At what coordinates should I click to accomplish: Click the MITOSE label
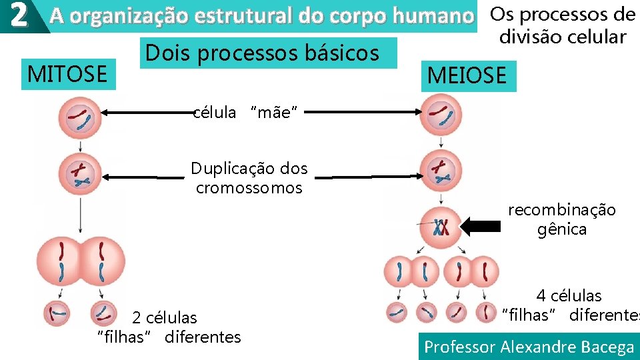pyautogui.click(x=67, y=73)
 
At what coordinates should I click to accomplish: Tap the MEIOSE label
pyautogui.click(x=467, y=75)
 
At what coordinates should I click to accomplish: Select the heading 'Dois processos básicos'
pyautogui.click(x=261, y=53)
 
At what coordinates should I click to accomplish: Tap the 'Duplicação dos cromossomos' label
pyautogui.click(x=249, y=177)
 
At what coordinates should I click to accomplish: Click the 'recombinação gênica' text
pyautogui.click(x=562, y=219)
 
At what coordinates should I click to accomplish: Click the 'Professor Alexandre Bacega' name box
pyautogui.click(x=529, y=347)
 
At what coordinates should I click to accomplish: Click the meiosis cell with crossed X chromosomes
pyautogui.click(x=440, y=227)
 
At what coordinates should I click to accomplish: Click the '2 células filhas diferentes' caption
pyautogui.click(x=169, y=327)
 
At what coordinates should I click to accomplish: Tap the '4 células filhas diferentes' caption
pyautogui.click(x=569, y=305)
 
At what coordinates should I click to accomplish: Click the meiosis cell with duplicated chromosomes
pyautogui.click(x=440, y=171)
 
